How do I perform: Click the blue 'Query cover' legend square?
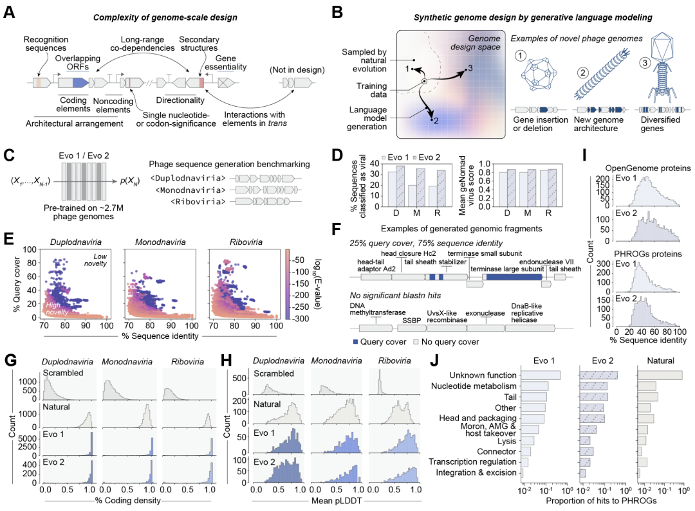357,343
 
